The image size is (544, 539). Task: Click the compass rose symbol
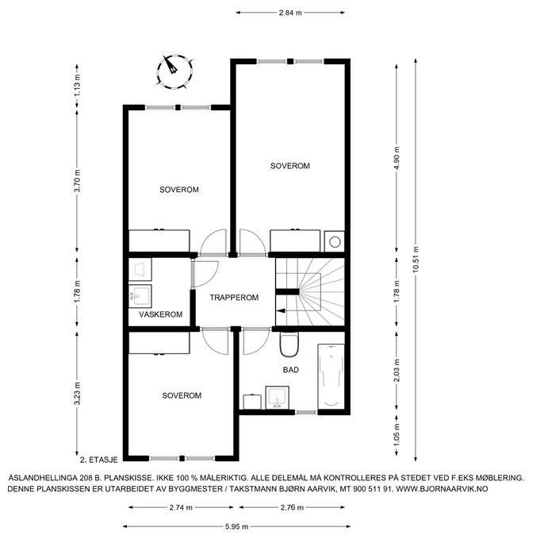[174, 72]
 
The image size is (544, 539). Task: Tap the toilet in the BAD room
[289, 345]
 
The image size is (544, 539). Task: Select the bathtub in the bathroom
[331, 376]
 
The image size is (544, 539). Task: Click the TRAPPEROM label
[234, 298]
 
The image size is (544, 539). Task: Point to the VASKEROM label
[161, 314]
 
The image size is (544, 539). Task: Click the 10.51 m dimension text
[416, 260]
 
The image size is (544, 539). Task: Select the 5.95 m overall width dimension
[236, 527]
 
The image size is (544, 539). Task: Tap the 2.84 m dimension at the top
[290, 13]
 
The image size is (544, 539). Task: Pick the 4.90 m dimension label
[397, 158]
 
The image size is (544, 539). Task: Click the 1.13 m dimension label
[77, 86]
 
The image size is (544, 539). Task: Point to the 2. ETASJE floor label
[99, 460]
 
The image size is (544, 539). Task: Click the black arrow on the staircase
[281, 310]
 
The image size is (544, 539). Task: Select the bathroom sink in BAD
[278, 398]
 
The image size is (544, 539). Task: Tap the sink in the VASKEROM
[140, 296]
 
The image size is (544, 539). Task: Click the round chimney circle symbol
[335, 242]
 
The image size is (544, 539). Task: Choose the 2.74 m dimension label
[181, 508]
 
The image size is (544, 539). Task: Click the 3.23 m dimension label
[77, 394]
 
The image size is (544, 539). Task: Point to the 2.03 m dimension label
[397, 370]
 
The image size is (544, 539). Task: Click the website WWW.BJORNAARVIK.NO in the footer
[442, 489]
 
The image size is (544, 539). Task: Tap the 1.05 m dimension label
[397, 435]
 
